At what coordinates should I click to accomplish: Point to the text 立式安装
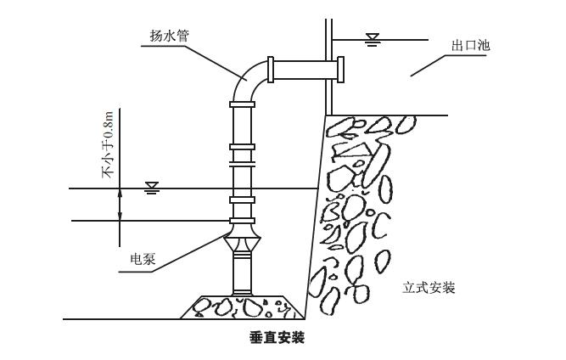click(x=429, y=288)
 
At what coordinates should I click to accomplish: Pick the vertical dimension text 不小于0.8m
click(x=108, y=144)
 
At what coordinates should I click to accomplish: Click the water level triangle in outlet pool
click(x=371, y=37)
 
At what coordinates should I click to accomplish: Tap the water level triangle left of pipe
click(x=152, y=185)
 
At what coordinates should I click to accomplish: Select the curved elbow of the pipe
click(x=248, y=77)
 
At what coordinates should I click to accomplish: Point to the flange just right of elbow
click(x=271, y=68)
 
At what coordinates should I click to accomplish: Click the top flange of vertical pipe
click(x=241, y=103)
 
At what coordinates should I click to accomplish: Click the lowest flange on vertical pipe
click(x=241, y=198)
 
